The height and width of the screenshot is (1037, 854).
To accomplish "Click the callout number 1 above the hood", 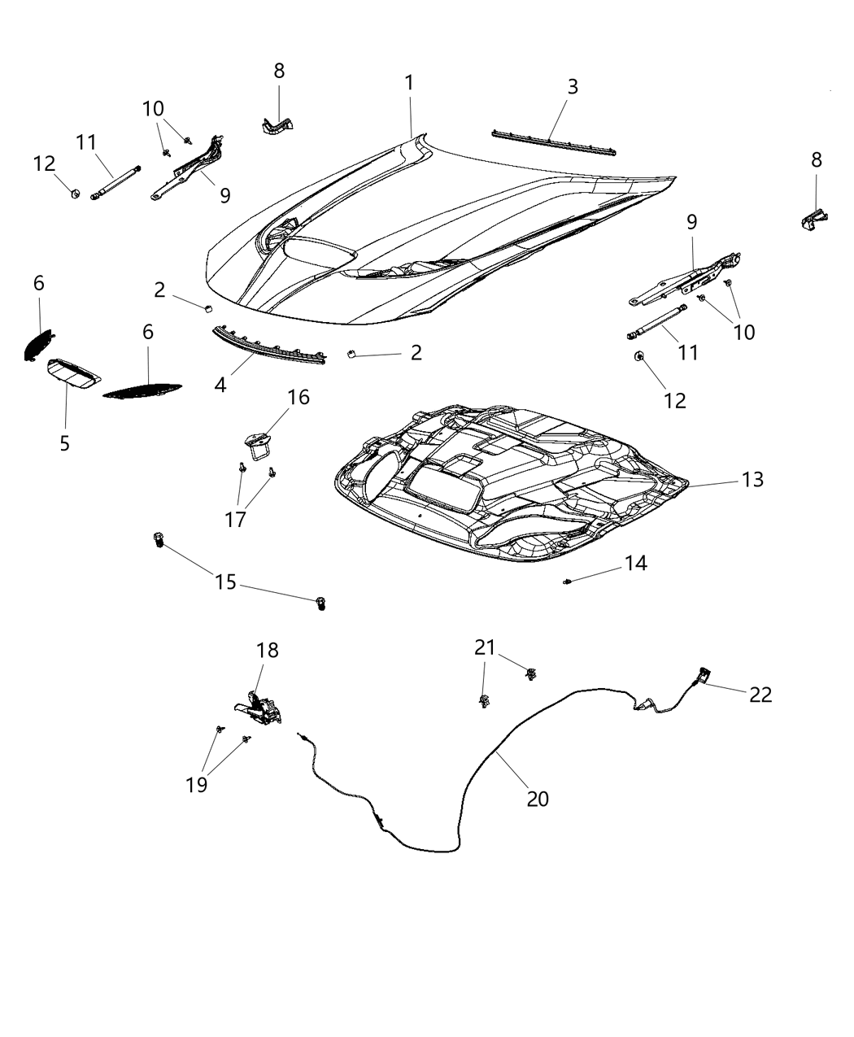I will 409,83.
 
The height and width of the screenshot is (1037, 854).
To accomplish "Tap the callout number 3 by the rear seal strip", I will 573,87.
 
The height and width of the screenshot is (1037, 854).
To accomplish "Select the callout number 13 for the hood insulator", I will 752,480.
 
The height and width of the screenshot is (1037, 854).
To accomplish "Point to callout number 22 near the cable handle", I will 760,695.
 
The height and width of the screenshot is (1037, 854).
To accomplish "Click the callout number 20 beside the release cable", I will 537,799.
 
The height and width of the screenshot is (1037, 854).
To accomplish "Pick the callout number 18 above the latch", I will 267,651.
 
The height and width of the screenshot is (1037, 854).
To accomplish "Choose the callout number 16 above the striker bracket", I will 298,397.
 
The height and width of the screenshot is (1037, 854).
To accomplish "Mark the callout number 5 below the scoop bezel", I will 64,443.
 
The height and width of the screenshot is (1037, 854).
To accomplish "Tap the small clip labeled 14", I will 567,581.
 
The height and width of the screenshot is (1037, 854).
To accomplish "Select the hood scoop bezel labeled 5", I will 72,373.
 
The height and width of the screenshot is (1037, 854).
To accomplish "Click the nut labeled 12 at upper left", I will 75,194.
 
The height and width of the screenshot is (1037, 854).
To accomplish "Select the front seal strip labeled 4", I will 268,343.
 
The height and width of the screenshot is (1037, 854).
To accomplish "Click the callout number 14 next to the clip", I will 635,563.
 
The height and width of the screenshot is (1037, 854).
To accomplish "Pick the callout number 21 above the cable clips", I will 485,647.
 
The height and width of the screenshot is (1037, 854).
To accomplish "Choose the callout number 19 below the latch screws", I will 197,784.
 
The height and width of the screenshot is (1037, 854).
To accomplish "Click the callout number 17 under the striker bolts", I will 235,520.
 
